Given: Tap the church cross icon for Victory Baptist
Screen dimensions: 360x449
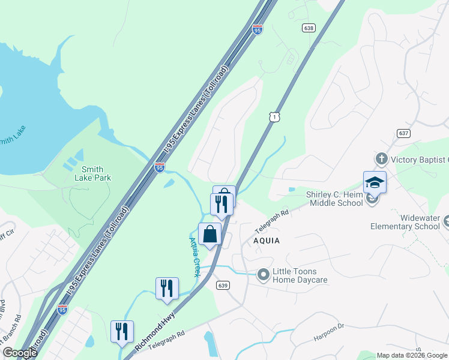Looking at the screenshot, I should click(x=381, y=160).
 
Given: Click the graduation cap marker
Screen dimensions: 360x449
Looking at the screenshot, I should click(x=375, y=182).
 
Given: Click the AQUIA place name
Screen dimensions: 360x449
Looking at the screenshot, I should click(x=267, y=239).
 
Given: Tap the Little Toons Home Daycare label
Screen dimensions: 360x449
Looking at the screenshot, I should click(x=300, y=275).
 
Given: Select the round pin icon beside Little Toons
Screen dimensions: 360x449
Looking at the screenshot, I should click(x=263, y=275).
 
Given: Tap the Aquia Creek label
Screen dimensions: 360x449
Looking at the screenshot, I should click(x=194, y=257).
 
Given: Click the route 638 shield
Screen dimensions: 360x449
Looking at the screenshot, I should click(x=309, y=28).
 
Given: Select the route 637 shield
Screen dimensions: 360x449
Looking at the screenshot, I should click(x=403, y=133).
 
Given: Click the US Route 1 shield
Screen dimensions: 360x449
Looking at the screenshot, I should click(x=274, y=117).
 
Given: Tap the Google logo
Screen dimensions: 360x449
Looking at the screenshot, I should click(x=20, y=353).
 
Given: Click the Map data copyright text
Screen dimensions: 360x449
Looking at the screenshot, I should click(x=412, y=355).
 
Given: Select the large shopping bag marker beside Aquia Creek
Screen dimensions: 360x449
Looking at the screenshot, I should click(x=210, y=234).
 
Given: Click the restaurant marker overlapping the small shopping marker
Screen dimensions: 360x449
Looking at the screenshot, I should click(x=221, y=204).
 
